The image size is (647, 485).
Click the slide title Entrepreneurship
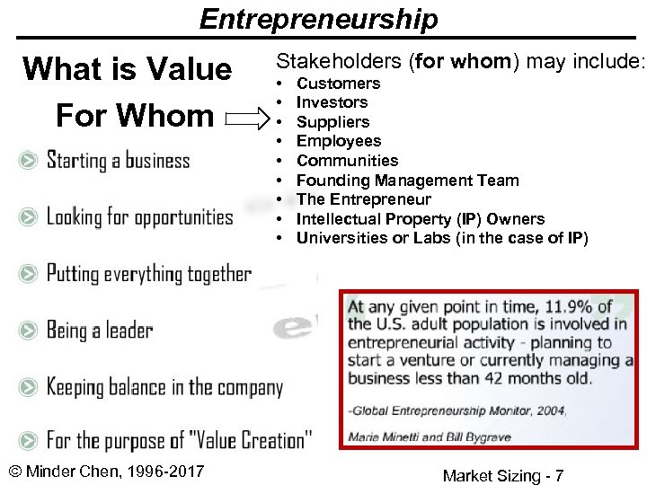[x=319, y=18]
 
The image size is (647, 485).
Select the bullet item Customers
[x=338, y=84]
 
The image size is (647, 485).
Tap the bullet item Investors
[x=332, y=102]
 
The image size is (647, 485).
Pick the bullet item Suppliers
[x=332, y=122]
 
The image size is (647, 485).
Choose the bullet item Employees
[x=339, y=141]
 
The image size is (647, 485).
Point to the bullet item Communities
[x=347, y=161]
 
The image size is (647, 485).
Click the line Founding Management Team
[x=407, y=181]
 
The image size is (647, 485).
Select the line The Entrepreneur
[x=363, y=199]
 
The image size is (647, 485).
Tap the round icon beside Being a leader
[x=30, y=331]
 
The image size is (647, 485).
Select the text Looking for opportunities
[x=139, y=217]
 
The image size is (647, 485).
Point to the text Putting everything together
[x=149, y=274]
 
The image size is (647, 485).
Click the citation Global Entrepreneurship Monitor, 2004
[x=456, y=410]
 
